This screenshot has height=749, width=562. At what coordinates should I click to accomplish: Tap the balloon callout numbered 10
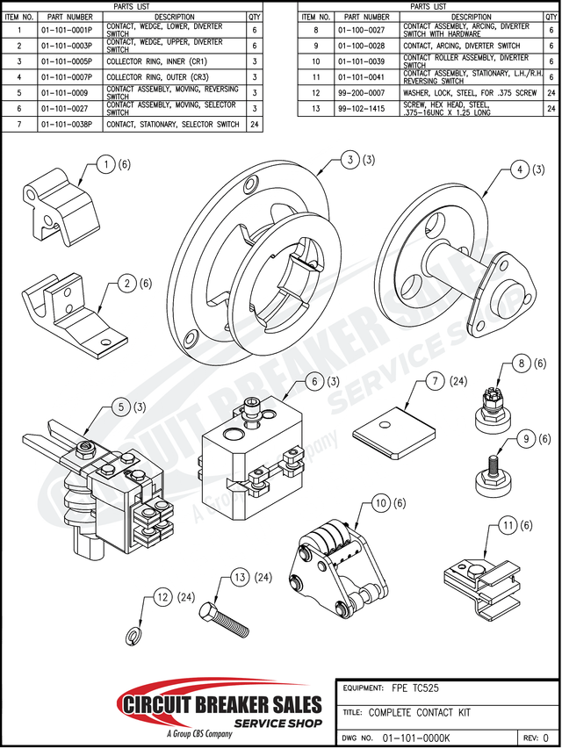click(x=379, y=503)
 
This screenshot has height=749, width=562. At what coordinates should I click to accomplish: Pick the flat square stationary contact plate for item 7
click(x=395, y=430)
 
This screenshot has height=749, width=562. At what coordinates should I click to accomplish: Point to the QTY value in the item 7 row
click(x=255, y=124)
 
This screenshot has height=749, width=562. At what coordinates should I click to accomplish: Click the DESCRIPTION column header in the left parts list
click(x=175, y=16)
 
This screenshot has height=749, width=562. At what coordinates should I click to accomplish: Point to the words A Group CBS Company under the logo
click(x=200, y=733)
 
